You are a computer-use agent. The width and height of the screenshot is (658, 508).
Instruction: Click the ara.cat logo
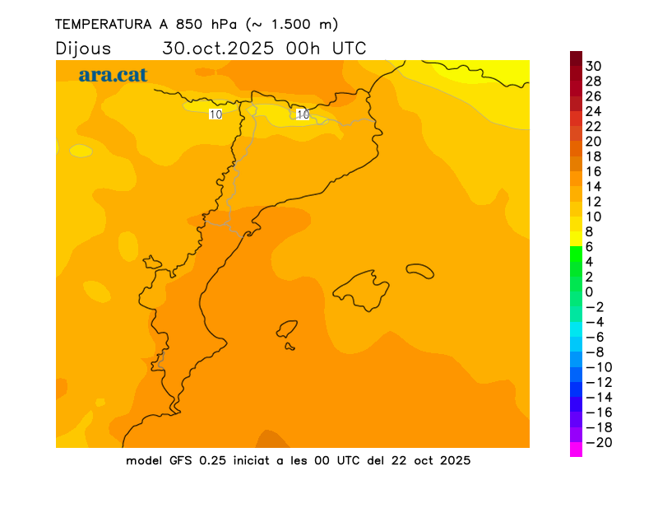pos(113,75)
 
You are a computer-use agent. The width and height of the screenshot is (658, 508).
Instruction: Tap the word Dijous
pos(83,48)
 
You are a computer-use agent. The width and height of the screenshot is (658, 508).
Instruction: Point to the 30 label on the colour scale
pos(594,66)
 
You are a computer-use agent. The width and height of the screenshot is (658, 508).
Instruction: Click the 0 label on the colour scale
pos(589,291)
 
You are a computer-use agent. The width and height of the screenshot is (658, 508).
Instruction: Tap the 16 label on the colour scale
pos(594,171)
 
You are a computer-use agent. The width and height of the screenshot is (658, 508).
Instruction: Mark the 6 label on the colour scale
pos(589,246)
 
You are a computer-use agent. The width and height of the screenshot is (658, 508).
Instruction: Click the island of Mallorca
pos(362,289)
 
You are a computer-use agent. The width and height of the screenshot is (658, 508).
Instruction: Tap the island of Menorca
pos(419,270)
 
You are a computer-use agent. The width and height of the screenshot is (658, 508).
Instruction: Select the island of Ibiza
pos(287,329)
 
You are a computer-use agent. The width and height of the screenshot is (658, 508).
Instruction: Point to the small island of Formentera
pos(290,347)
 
